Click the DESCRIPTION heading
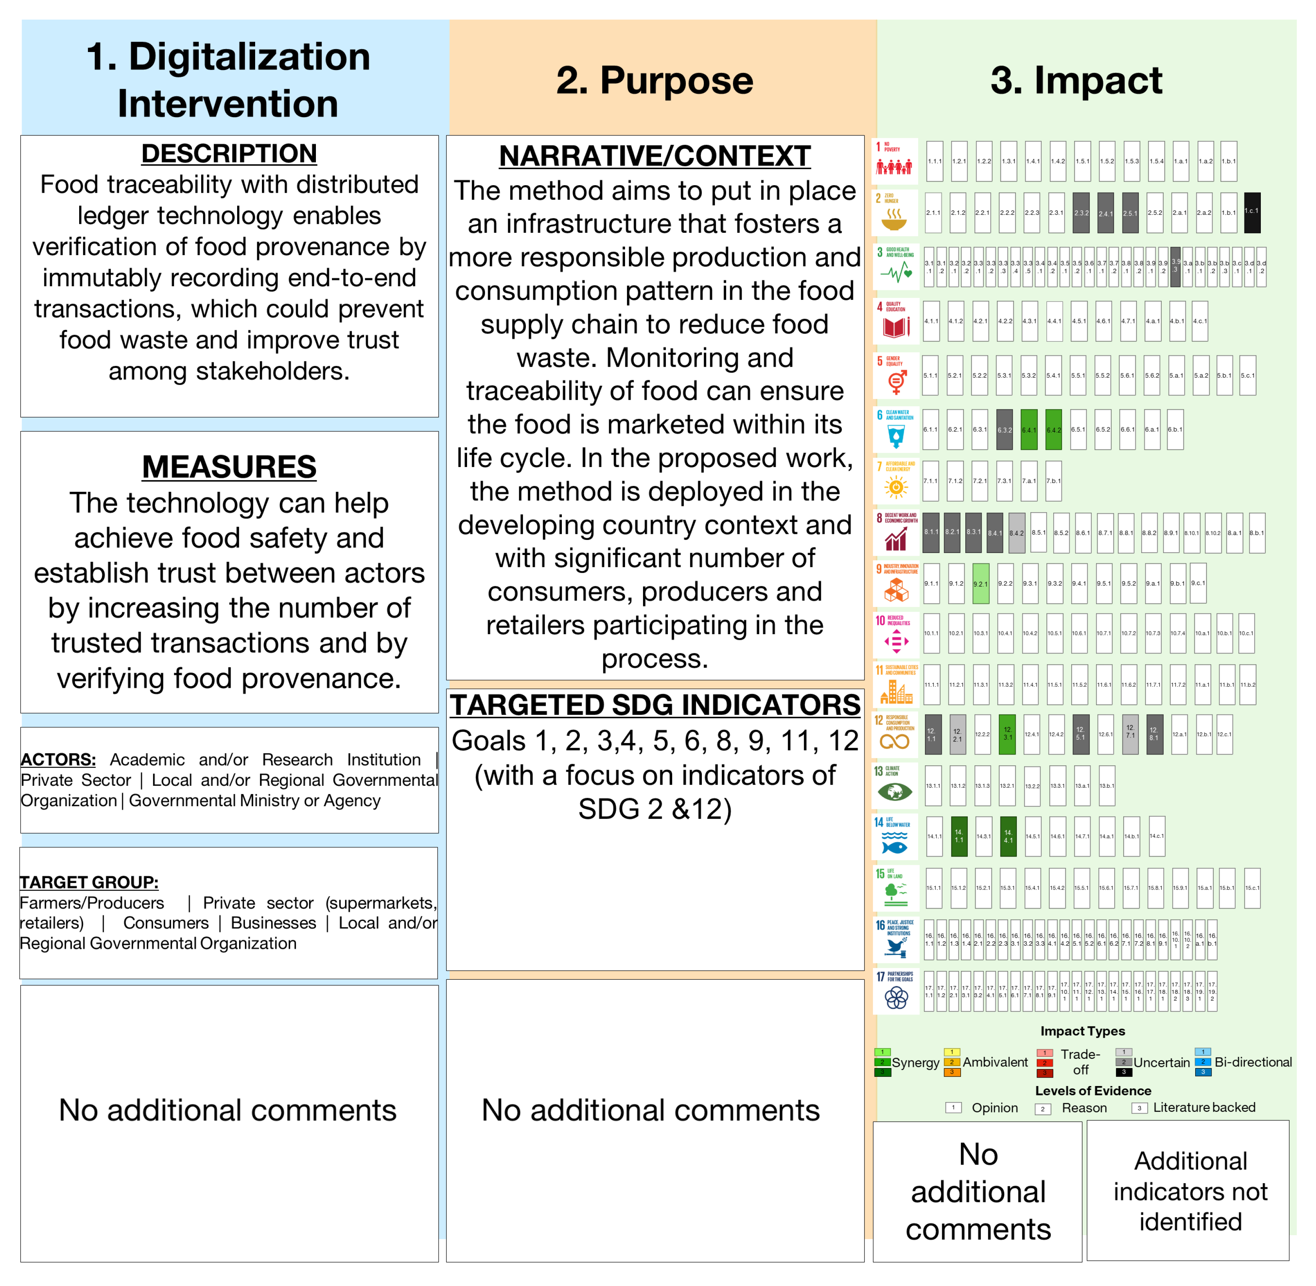(x=229, y=153)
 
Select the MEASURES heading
(x=229, y=467)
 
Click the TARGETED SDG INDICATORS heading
(x=655, y=705)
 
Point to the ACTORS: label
(x=58, y=759)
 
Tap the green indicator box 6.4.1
(x=1028, y=429)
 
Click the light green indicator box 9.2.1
(x=980, y=583)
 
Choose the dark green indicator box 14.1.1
(x=959, y=836)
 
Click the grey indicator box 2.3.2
(x=1081, y=212)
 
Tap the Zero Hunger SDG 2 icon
(x=895, y=212)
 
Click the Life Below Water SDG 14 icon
(x=895, y=836)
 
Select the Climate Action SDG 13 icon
(x=895, y=785)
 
